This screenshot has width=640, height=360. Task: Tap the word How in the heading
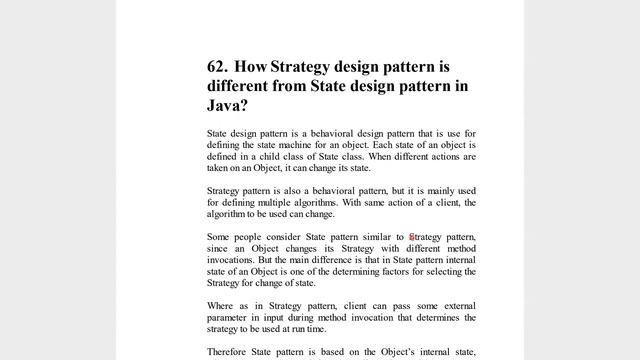point(254,67)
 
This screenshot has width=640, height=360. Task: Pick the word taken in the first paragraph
point(219,169)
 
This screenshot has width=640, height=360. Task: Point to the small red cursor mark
point(411,237)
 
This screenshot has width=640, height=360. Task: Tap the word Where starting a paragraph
point(220,305)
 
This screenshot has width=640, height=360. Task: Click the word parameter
point(228,317)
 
